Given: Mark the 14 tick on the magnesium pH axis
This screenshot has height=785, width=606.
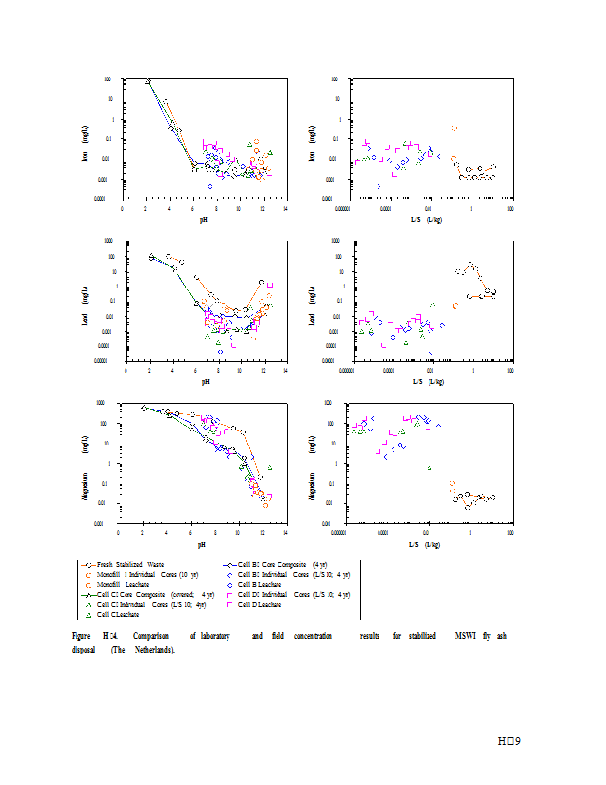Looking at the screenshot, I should [x=285, y=534].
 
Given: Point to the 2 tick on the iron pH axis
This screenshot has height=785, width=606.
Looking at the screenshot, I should [x=146, y=208].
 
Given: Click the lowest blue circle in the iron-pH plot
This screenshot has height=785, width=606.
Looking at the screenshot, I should [x=210, y=185].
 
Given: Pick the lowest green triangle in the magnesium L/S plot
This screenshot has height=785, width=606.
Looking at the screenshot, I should [x=429, y=467].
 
